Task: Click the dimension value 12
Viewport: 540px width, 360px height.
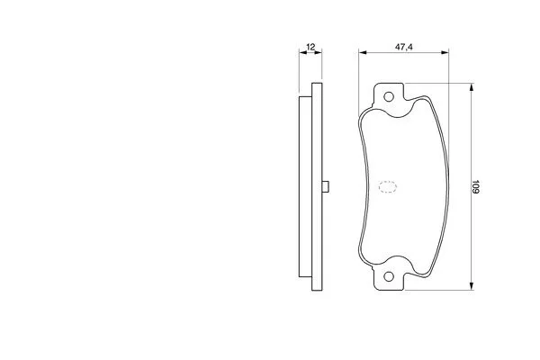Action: pos(310,47)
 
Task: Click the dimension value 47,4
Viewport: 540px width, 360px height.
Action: pos(403,47)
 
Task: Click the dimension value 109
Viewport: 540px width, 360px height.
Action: pos(475,186)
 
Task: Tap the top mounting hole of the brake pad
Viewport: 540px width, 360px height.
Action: pos(389,97)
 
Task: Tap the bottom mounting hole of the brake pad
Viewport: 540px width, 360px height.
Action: pos(389,276)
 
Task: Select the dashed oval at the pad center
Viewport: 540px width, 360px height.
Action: pos(388,186)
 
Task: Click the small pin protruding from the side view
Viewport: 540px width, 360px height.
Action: pos(326,186)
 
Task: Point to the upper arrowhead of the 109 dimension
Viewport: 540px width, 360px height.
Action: pos(472,88)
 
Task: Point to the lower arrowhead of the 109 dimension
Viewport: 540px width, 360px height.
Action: pos(472,285)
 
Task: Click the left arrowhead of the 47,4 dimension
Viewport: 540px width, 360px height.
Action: pos(363,52)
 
